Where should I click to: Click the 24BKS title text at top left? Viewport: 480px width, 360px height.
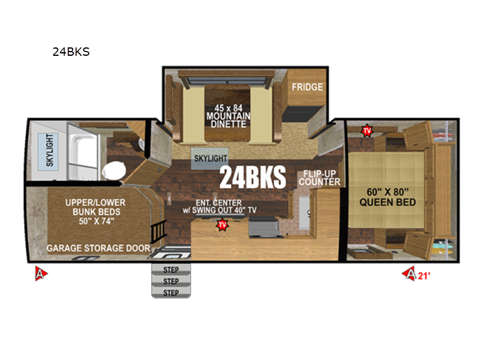coord(71,52)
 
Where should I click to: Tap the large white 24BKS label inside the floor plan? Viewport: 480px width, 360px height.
coord(253,178)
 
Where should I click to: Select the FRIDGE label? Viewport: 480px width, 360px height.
coord(307,87)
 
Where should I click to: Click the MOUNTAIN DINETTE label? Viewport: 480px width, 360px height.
coord(228,120)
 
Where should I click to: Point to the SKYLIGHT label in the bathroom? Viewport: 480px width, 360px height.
coord(50,150)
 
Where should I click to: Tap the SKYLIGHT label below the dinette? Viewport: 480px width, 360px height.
coord(211,158)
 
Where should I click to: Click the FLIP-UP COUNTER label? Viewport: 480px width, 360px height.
coord(320,178)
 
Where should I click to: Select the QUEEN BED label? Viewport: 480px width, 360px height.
coord(388,202)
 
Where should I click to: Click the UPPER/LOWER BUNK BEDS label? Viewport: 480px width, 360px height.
coord(96,207)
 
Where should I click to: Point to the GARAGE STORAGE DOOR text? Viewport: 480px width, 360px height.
coord(98,248)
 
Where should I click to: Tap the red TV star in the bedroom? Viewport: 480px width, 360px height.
coord(367,131)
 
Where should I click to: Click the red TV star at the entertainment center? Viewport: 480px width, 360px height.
coord(222,225)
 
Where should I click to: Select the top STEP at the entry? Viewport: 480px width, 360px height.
coord(171,269)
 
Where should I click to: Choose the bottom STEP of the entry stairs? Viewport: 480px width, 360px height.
coord(171,293)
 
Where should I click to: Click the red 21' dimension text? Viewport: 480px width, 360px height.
coord(424,276)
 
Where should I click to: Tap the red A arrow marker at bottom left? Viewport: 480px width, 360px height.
coord(41,273)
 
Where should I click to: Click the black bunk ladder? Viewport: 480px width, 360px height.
coord(158,232)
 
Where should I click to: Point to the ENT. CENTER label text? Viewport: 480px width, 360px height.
coord(218,203)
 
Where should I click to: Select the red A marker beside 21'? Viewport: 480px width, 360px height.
coord(410,274)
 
